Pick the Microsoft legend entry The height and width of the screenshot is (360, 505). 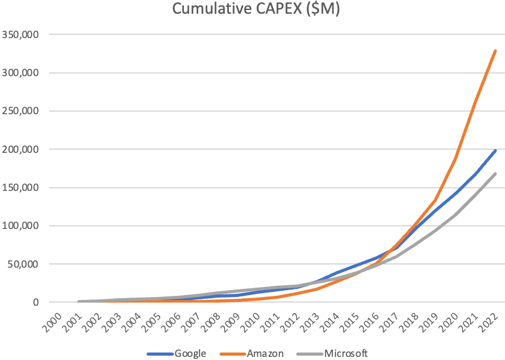pos(347,354)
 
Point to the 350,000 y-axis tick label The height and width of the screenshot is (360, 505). pos(21,34)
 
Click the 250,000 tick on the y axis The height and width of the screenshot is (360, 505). pos(21,111)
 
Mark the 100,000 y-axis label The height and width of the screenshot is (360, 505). pos(21,226)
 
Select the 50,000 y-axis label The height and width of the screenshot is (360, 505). pos(24,264)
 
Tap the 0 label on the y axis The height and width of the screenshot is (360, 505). pos(36,303)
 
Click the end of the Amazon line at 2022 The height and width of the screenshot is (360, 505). pos(496,51)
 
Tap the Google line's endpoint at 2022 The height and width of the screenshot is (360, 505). pos(496,150)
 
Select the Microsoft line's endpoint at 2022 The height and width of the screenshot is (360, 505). pos(496,173)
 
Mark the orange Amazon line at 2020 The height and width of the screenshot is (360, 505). pos(456,159)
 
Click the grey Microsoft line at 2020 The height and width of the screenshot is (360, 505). pos(456,215)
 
